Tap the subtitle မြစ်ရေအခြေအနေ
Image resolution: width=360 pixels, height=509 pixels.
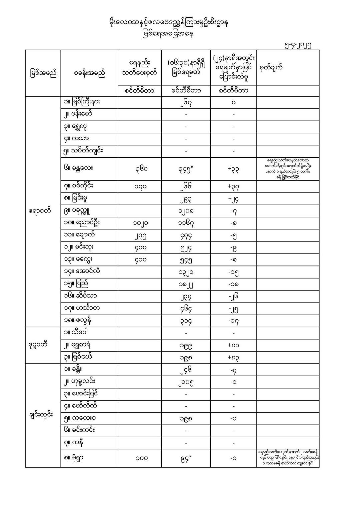[168, 34]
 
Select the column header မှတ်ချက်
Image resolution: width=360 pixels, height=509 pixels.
[271, 68]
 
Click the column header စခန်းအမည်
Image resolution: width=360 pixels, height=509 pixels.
[89, 73]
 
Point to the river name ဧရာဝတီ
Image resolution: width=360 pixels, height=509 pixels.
[40, 211]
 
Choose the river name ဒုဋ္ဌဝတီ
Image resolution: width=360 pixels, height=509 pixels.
[38, 345]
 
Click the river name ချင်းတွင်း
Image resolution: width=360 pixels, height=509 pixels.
[41, 416]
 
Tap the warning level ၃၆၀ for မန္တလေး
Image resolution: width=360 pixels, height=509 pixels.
[139, 169]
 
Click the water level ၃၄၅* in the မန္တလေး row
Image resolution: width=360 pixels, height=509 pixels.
[186, 169]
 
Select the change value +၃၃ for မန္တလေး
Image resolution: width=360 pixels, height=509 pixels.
[233, 169]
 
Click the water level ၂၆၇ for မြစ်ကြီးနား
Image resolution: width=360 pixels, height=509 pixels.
[186, 102]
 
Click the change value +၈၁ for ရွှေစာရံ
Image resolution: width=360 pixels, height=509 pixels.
[233, 345]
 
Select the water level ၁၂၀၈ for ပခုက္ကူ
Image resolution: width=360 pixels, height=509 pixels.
[186, 211]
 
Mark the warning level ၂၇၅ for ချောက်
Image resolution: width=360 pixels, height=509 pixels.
[139, 235]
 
